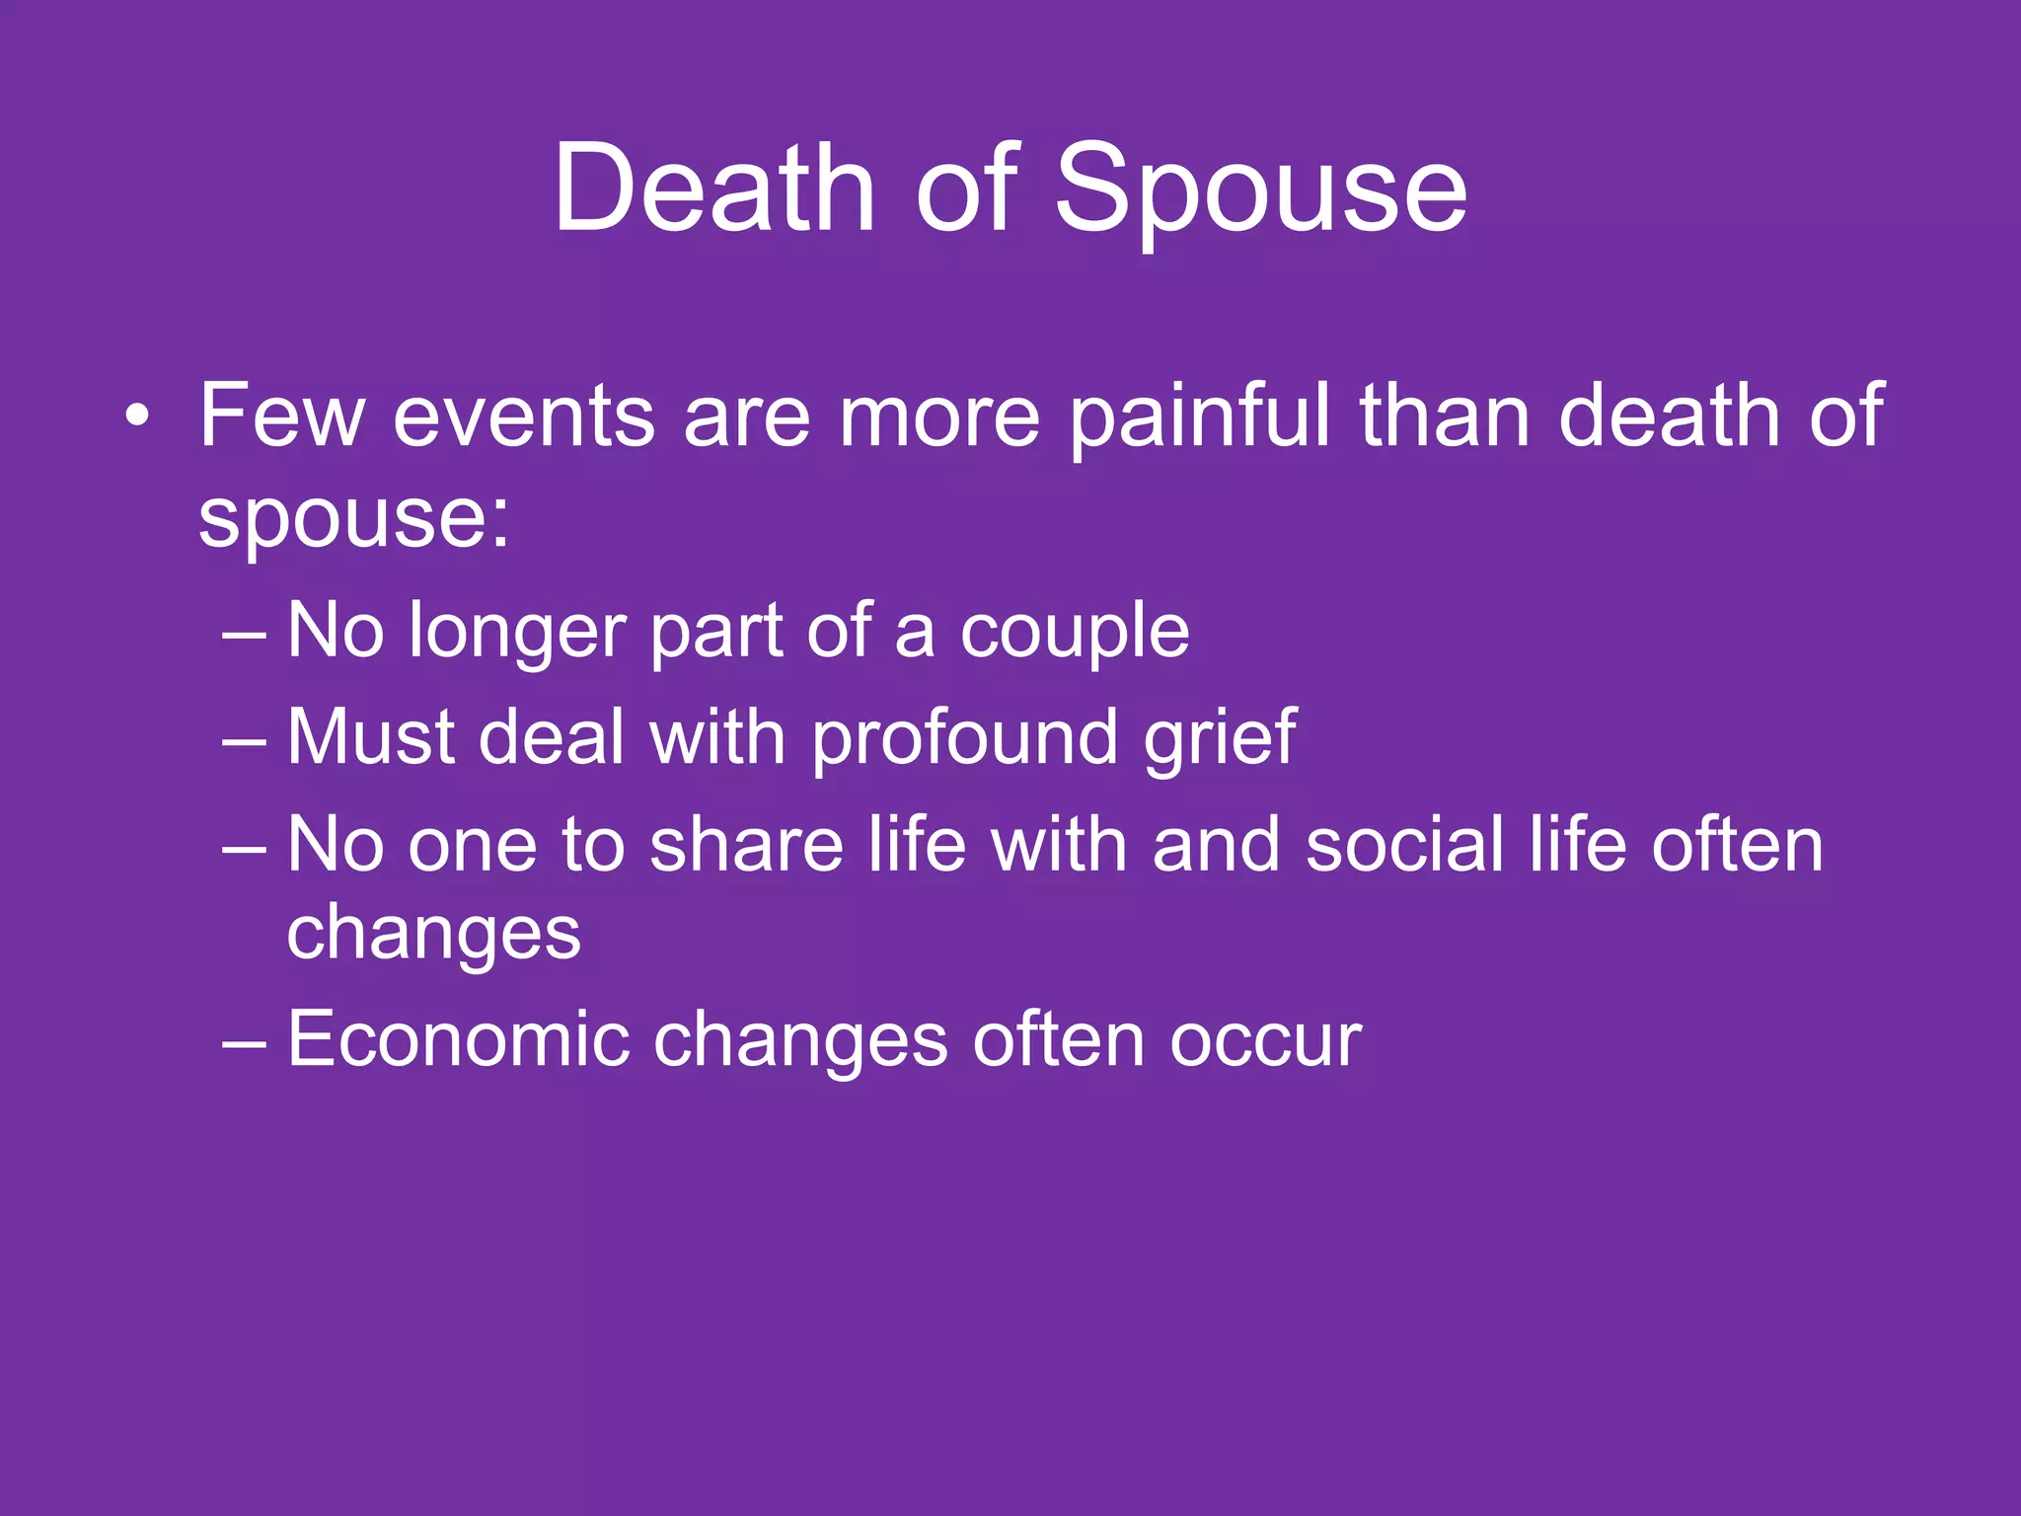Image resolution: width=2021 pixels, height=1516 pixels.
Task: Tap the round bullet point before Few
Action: coord(138,416)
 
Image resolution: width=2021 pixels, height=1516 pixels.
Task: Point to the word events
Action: coord(524,417)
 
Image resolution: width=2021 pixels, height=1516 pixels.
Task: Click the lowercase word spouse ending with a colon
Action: coord(354,518)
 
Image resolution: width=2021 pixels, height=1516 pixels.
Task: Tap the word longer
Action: coord(517,633)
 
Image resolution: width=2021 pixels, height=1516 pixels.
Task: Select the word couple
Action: coord(1075,633)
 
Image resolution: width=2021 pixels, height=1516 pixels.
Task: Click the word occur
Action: coord(1265,1041)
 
